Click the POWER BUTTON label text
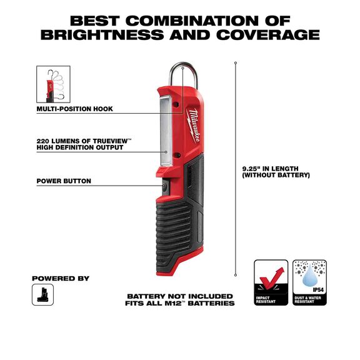point(64,181)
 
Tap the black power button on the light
point(164,187)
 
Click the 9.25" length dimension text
point(274,172)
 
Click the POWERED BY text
point(61,278)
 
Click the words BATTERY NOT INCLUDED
point(179,296)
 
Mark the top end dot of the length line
point(236,62)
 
